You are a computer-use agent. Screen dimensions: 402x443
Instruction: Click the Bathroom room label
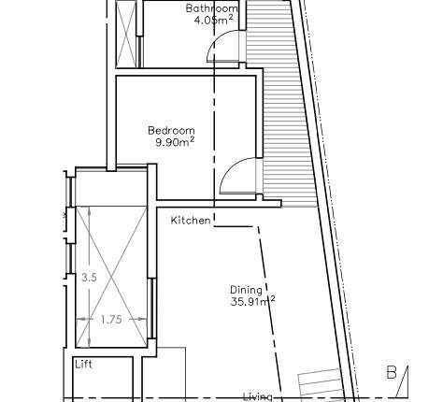(211, 8)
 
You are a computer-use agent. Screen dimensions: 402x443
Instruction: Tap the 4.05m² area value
(212, 21)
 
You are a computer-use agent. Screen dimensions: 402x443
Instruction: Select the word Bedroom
(172, 130)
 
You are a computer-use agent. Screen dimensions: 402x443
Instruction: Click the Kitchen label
(191, 221)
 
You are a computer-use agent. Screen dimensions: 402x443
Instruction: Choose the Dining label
(246, 290)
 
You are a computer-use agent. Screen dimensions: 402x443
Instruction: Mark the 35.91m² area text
(251, 302)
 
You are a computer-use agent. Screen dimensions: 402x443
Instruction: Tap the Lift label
(84, 365)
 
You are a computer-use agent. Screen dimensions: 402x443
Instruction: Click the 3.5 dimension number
(89, 278)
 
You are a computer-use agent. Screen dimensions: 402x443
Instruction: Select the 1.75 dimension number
(111, 320)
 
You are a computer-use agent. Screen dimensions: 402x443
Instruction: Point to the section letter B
(392, 372)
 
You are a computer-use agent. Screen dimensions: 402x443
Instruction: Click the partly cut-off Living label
(258, 396)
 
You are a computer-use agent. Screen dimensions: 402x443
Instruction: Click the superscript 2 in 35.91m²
(272, 298)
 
